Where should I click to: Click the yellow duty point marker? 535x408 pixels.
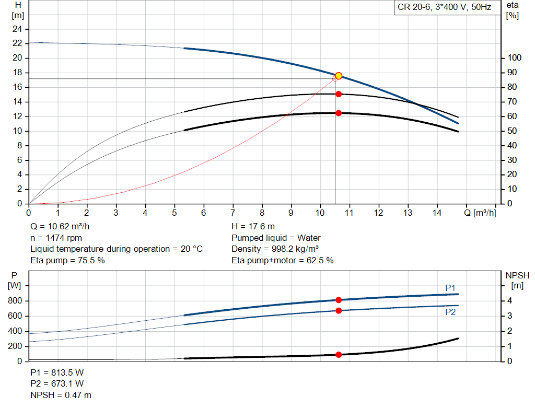(x=339, y=76)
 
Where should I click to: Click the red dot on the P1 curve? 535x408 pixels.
(x=339, y=300)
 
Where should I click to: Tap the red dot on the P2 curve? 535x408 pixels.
(x=339, y=310)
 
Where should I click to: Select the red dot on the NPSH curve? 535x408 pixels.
(x=339, y=355)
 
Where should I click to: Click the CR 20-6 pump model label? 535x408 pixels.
(x=444, y=7)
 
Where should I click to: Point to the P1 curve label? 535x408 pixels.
(x=450, y=288)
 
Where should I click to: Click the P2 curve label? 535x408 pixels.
(x=450, y=312)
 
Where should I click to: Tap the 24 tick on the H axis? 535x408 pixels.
(x=17, y=29)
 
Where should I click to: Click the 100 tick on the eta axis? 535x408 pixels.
(x=514, y=57)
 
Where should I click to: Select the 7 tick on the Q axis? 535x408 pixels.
(x=232, y=213)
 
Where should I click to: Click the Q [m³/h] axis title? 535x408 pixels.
(x=480, y=213)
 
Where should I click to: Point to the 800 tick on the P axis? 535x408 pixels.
(x=15, y=300)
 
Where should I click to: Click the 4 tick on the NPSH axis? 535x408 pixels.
(x=509, y=300)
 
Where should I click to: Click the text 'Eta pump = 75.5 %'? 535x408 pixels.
(x=67, y=260)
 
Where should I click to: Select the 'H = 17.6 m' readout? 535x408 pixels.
(x=253, y=227)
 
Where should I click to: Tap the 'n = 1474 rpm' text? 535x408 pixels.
(x=56, y=238)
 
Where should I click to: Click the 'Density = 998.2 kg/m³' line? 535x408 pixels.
(x=275, y=249)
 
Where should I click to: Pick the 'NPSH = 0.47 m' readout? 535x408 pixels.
(x=61, y=395)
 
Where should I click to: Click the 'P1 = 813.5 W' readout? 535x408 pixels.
(x=57, y=372)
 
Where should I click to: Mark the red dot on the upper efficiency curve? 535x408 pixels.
(x=339, y=94)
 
